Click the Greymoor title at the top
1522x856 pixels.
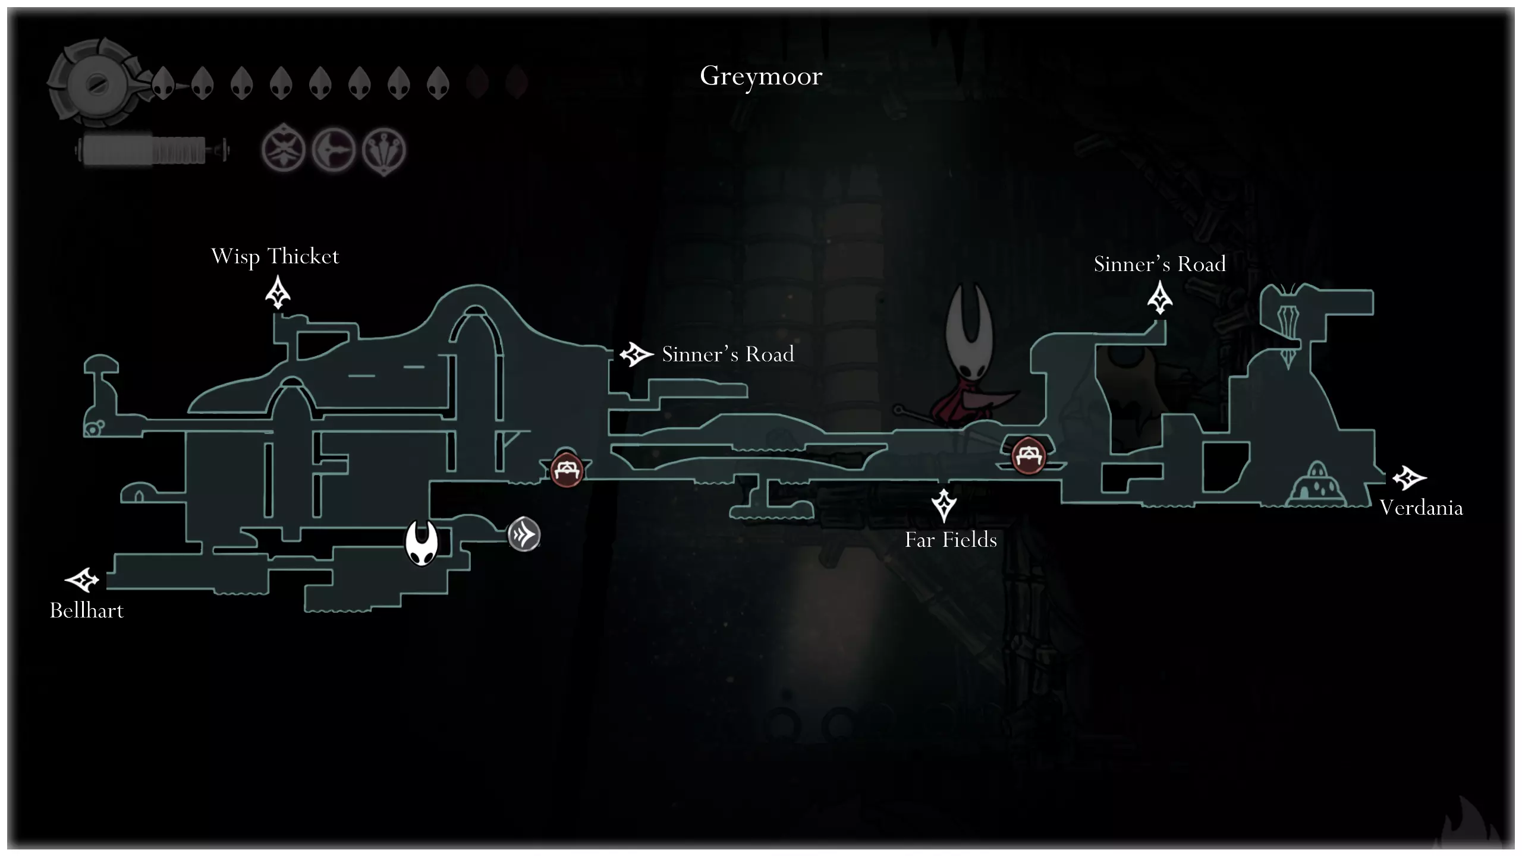point(761,76)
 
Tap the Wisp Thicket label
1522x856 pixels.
point(275,257)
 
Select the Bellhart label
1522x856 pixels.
point(87,610)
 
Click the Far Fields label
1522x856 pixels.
point(951,540)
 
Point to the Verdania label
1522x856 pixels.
point(1421,508)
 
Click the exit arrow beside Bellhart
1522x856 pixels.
point(82,580)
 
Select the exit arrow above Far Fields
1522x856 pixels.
point(944,505)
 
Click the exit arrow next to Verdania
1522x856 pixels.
point(1409,477)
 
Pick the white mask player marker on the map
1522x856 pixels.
point(422,543)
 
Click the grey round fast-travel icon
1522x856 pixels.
point(524,535)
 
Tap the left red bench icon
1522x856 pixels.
point(566,470)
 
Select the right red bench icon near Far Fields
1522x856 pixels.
point(1028,455)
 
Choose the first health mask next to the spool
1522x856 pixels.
point(162,83)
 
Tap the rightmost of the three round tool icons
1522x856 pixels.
point(384,150)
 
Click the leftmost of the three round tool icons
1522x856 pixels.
point(284,150)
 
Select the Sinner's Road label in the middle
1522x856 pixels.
point(728,354)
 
